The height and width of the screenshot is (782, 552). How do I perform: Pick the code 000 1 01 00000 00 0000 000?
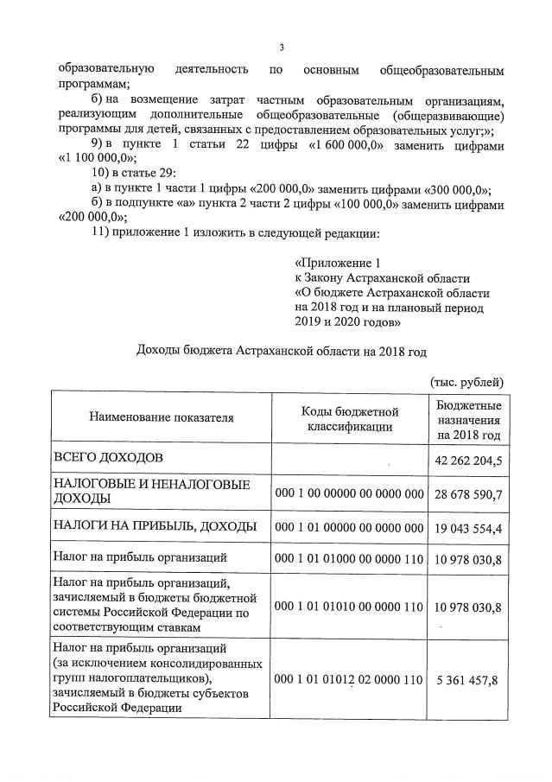click(x=348, y=526)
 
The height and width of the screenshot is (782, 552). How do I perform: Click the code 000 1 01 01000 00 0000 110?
click(x=348, y=558)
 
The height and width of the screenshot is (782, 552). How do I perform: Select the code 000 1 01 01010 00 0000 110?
click(x=348, y=607)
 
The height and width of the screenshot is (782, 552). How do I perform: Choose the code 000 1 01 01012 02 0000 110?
click(x=348, y=679)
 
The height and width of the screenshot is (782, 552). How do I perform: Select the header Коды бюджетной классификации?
click(x=348, y=418)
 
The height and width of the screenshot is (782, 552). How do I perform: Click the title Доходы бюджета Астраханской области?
click(x=282, y=351)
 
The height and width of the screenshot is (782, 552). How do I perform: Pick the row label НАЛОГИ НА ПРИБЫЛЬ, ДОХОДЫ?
click(x=155, y=526)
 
